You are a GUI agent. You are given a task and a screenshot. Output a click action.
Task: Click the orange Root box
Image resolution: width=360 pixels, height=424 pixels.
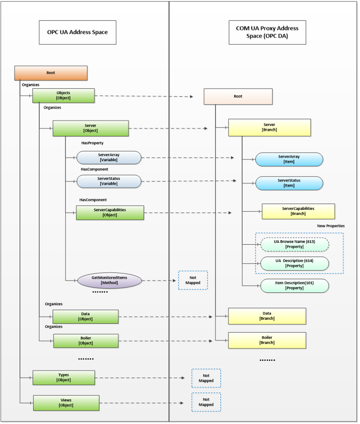51,73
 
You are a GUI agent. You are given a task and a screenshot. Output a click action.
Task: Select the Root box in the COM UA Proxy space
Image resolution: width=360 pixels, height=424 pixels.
238,96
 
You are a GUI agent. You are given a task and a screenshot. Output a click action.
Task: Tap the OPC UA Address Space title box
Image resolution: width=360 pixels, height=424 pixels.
77,32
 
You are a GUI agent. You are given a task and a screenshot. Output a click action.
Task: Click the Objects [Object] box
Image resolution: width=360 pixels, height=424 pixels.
63,95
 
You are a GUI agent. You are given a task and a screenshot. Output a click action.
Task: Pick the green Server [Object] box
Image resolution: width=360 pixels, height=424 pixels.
90,128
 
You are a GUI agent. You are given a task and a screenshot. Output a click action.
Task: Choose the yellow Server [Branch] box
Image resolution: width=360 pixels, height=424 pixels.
269,127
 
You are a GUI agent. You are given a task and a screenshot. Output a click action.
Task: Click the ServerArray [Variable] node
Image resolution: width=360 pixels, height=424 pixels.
109,157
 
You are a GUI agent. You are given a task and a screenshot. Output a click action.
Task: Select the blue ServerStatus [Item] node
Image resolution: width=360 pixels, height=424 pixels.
289,183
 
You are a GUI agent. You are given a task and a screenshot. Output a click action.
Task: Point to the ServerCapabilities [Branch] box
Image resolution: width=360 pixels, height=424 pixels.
298,211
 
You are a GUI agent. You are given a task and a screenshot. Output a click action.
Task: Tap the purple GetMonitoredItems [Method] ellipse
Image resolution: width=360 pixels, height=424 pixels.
109,280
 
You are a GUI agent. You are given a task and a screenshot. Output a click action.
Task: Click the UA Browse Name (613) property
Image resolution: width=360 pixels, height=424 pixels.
295,244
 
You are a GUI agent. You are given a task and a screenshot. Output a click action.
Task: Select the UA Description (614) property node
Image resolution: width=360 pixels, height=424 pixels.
295,263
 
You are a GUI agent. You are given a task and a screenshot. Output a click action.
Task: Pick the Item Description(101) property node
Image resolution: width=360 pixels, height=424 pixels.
295,285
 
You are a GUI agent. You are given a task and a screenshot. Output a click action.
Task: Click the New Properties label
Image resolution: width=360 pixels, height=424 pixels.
330,226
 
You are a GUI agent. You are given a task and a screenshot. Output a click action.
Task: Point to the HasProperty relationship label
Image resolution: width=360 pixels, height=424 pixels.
92,143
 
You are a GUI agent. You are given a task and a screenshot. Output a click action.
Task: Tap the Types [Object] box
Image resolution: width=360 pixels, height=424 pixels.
64,378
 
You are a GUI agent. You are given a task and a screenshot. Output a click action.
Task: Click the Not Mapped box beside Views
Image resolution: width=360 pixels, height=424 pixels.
206,402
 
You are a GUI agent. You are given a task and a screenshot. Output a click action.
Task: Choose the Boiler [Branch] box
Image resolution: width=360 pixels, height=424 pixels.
267,340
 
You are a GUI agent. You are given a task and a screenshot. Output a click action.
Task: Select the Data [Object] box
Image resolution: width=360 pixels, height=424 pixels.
85,316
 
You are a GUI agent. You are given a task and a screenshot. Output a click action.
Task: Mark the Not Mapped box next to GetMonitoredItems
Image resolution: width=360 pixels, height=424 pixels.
193,280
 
